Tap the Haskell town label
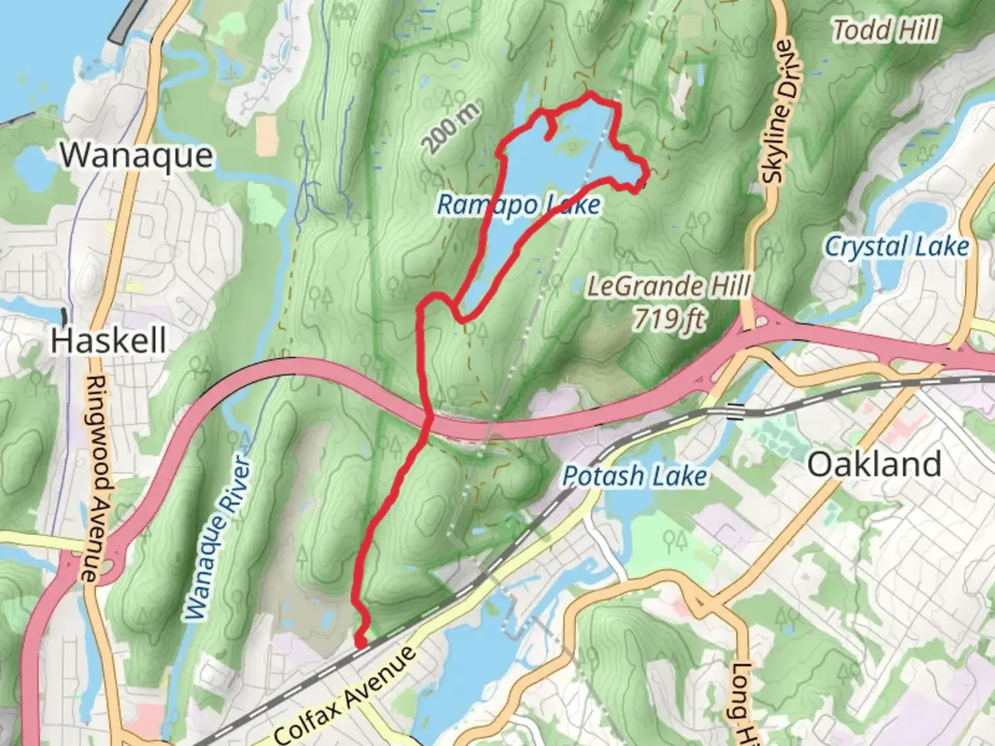click(108, 341)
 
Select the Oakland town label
click(874, 463)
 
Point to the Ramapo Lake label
click(519, 204)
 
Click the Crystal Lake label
click(897, 247)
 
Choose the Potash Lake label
click(634, 476)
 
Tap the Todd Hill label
click(885, 30)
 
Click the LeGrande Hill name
click(668, 285)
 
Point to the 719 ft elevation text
click(670, 318)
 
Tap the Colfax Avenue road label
click(345, 696)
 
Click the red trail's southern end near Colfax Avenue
click(360, 644)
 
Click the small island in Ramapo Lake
click(573, 144)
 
